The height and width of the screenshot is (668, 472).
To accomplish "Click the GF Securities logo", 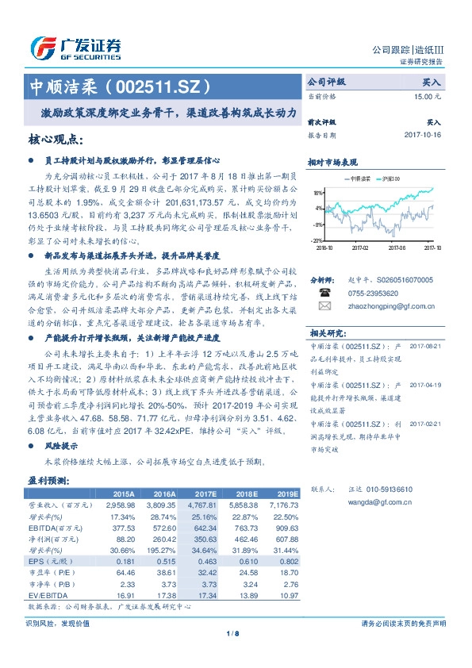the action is [x=75, y=48].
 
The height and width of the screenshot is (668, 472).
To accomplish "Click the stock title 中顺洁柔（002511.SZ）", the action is [x=120, y=85].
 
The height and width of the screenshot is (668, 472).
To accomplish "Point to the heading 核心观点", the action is [x=56, y=140].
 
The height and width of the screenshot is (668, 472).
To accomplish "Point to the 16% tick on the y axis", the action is [x=317, y=192].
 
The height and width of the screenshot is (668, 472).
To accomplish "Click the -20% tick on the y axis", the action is [x=317, y=240].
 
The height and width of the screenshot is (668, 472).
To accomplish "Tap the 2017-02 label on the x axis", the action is [x=361, y=247].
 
